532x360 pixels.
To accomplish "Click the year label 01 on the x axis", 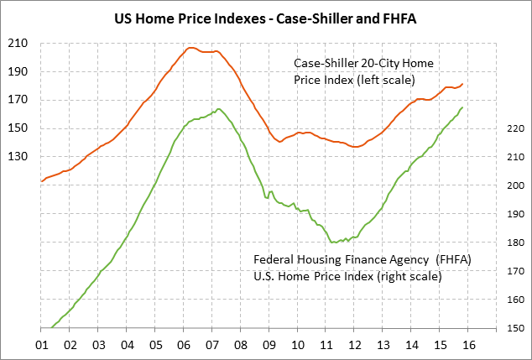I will point(41,344).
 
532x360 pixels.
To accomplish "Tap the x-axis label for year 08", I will point(241,344).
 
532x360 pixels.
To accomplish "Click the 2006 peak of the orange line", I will point(190,48).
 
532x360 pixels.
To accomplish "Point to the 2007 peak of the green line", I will point(218,109).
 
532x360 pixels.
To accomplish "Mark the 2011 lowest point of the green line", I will point(334,243).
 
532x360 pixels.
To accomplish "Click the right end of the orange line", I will point(462,83).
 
